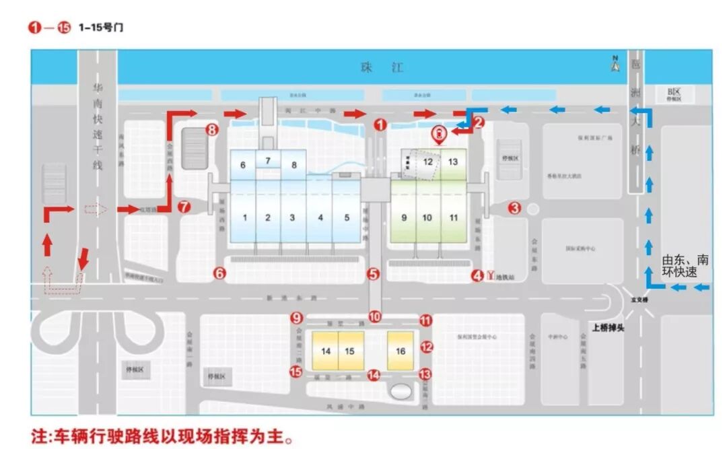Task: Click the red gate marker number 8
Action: coord(212,130)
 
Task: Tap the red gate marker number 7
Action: coord(184,207)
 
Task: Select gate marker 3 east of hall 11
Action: coord(514,208)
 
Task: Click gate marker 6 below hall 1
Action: coord(219,273)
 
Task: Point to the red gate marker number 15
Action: coord(296,372)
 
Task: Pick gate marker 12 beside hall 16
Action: coord(426,347)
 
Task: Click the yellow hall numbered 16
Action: coord(401,351)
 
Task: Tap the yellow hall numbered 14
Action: coord(326,351)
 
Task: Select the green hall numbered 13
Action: coord(453,162)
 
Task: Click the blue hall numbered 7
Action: coord(267,160)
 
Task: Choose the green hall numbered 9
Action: coord(404,217)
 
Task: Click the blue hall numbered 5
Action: coord(346,217)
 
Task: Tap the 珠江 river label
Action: coord(382,67)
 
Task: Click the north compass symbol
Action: coord(615,65)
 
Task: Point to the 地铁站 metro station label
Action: coord(505,276)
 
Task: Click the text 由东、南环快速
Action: coord(685,266)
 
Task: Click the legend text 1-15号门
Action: coord(100,28)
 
